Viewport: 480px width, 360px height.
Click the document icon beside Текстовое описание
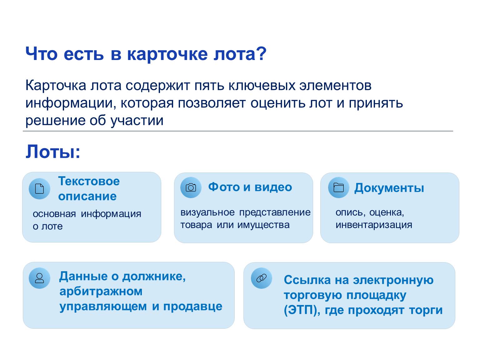[39, 189]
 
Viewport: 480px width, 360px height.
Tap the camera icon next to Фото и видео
[191, 187]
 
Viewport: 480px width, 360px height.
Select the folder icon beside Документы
[338, 187]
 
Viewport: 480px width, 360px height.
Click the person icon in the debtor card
[39, 278]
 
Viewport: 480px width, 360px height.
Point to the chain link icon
[261, 278]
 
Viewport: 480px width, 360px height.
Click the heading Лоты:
[53, 152]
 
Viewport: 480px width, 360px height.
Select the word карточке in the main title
[167, 54]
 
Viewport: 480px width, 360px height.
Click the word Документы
[389, 188]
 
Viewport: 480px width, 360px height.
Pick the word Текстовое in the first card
[89, 181]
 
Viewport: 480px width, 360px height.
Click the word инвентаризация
[374, 225]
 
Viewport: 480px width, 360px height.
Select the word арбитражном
[101, 291]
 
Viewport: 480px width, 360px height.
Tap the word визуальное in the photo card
[207, 212]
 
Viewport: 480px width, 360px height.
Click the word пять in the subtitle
[209, 85]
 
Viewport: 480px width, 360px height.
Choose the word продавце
[192, 307]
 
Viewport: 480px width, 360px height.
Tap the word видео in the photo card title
[273, 187]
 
